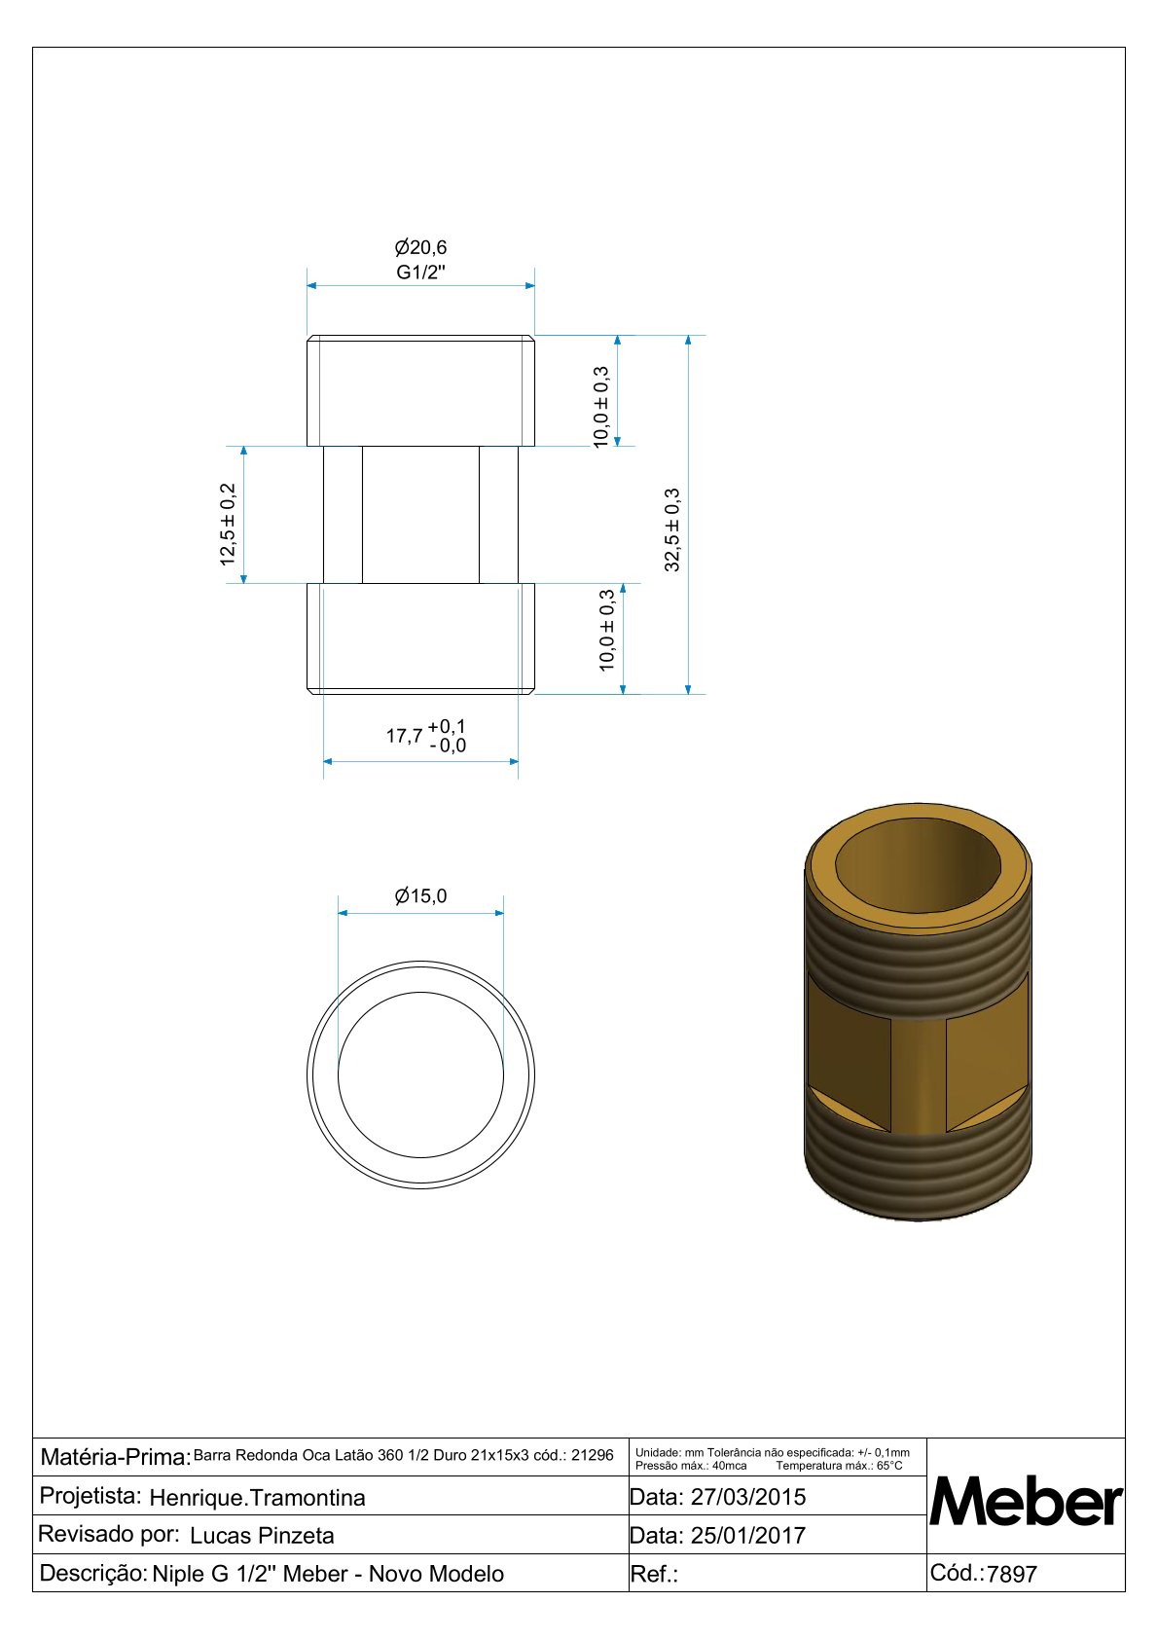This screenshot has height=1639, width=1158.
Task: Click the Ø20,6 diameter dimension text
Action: [x=420, y=247]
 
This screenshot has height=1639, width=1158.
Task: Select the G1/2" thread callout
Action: [x=420, y=273]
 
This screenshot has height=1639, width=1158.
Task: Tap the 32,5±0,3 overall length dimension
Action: [x=672, y=529]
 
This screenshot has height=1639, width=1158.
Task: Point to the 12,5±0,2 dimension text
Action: [x=229, y=524]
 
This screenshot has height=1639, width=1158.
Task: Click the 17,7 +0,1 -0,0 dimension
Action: [x=426, y=736]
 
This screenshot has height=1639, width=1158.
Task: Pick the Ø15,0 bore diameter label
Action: [x=420, y=895]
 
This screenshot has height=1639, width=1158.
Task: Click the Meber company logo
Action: [x=1026, y=1503]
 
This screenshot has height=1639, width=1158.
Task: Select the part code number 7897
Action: [x=1012, y=1574]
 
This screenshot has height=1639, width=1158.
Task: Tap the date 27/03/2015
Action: [x=748, y=1497]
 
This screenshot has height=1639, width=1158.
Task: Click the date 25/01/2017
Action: [x=748, y=1535]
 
